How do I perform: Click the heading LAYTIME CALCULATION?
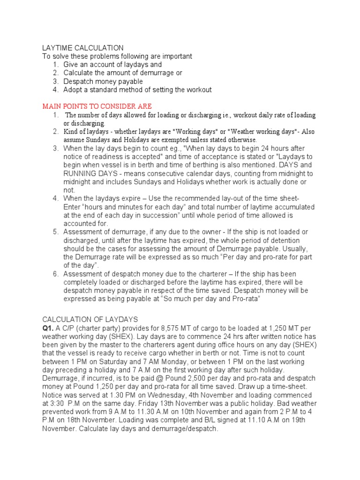coord(82,48)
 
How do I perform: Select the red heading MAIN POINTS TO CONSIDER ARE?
coord(97,106)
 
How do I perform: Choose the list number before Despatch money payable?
coord(55,82)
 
